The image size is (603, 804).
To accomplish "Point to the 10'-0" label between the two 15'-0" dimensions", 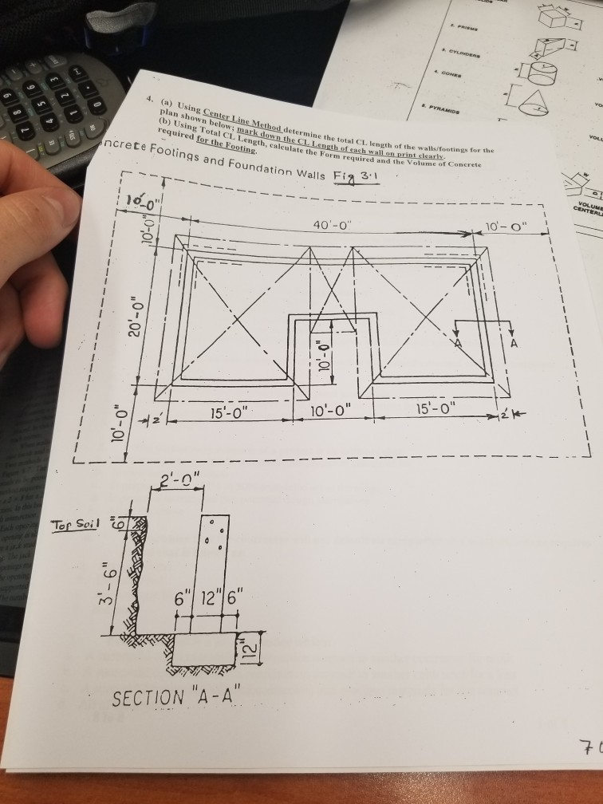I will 338,412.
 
